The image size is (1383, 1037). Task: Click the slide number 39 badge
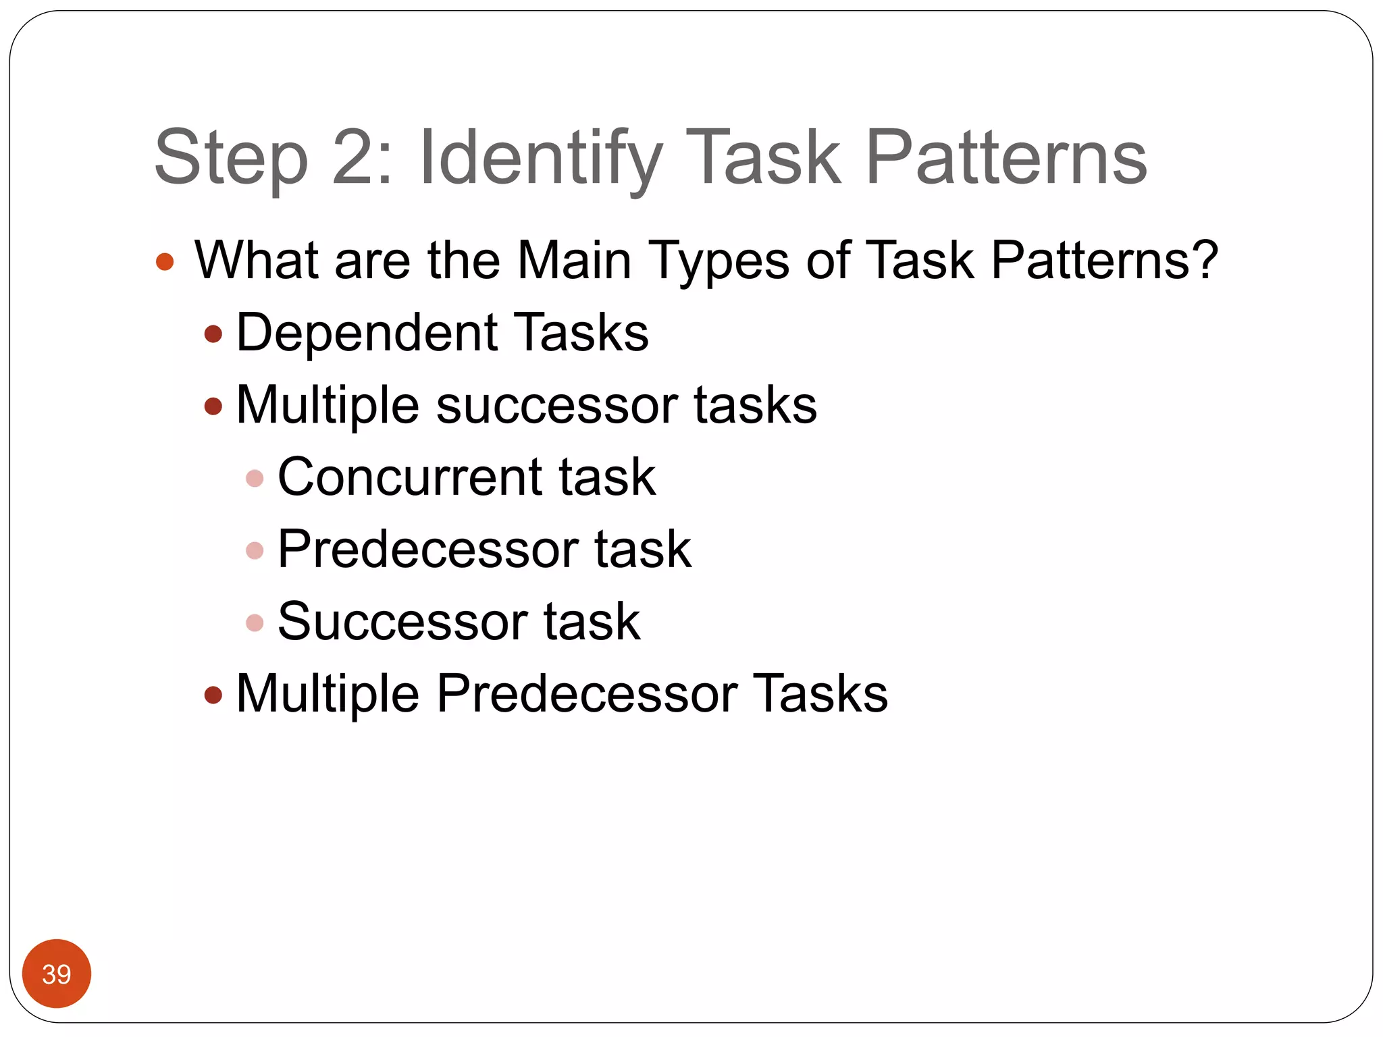point(57,974)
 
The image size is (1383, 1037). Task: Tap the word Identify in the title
point(540,159)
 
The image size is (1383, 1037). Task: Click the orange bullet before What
point(165,261)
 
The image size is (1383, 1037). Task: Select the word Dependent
point(367,333)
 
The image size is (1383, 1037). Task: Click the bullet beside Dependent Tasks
point(213,334)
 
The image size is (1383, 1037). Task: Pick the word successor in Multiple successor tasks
point(557,405)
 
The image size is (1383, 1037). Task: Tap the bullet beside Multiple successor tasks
point(213,406)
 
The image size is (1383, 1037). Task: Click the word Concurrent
point(409,477)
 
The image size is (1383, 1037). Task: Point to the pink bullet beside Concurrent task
point(255,479)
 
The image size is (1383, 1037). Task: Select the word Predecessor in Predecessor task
point(428,549)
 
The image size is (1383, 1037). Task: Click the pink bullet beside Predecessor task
point(255,551)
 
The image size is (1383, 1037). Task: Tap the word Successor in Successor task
point(402,621)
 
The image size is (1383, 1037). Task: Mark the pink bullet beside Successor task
point(255,622)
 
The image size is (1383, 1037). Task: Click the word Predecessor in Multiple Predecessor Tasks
point(587,693)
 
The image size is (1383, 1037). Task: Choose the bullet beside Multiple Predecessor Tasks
point(213,695)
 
